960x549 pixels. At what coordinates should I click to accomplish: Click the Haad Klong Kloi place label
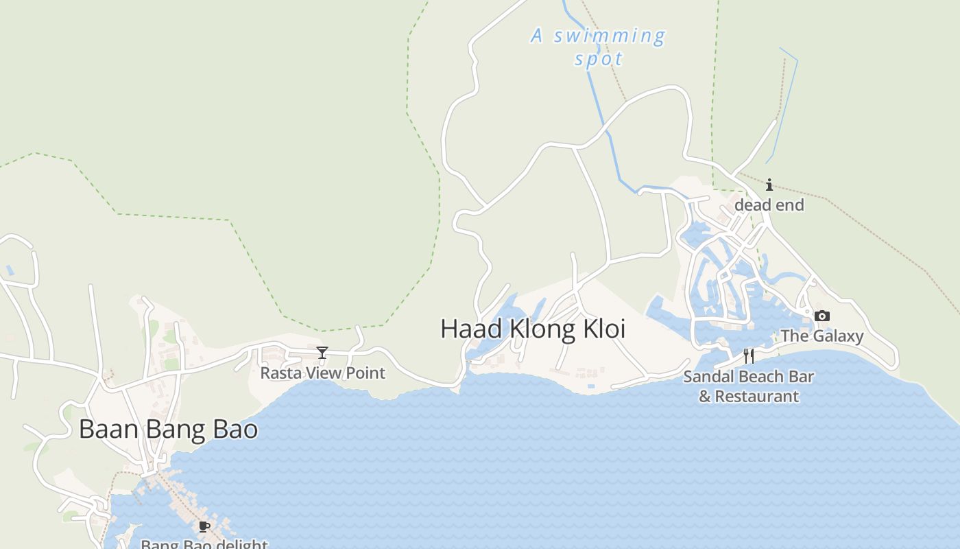point(533,329)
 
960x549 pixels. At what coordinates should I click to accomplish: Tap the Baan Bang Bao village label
point(168,429)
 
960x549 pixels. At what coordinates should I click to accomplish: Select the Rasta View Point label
point(322,373)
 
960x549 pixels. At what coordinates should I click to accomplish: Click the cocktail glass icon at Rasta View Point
point(322,353)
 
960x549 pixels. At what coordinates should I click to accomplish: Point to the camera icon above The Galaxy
point(821,316)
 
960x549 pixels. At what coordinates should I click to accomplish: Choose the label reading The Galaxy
point(821,336)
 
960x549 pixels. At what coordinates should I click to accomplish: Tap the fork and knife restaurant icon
point(749,355)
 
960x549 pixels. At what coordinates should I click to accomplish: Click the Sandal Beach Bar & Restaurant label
point(749,386)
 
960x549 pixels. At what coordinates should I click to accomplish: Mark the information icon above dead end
point(769,185)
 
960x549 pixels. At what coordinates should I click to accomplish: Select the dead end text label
point(769,205)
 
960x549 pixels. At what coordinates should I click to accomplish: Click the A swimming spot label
point(599,47)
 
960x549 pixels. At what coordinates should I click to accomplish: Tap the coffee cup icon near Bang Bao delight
point(204,526)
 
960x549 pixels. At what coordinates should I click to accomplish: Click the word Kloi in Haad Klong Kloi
point(604,329)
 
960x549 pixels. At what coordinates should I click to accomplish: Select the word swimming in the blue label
point(610,36)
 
